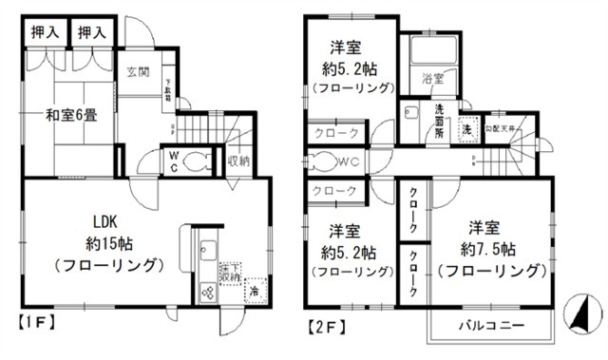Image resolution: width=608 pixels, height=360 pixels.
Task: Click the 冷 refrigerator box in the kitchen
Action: click(x=255, y=293)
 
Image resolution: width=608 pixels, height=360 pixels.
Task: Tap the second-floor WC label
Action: click(x=343, y=161)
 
